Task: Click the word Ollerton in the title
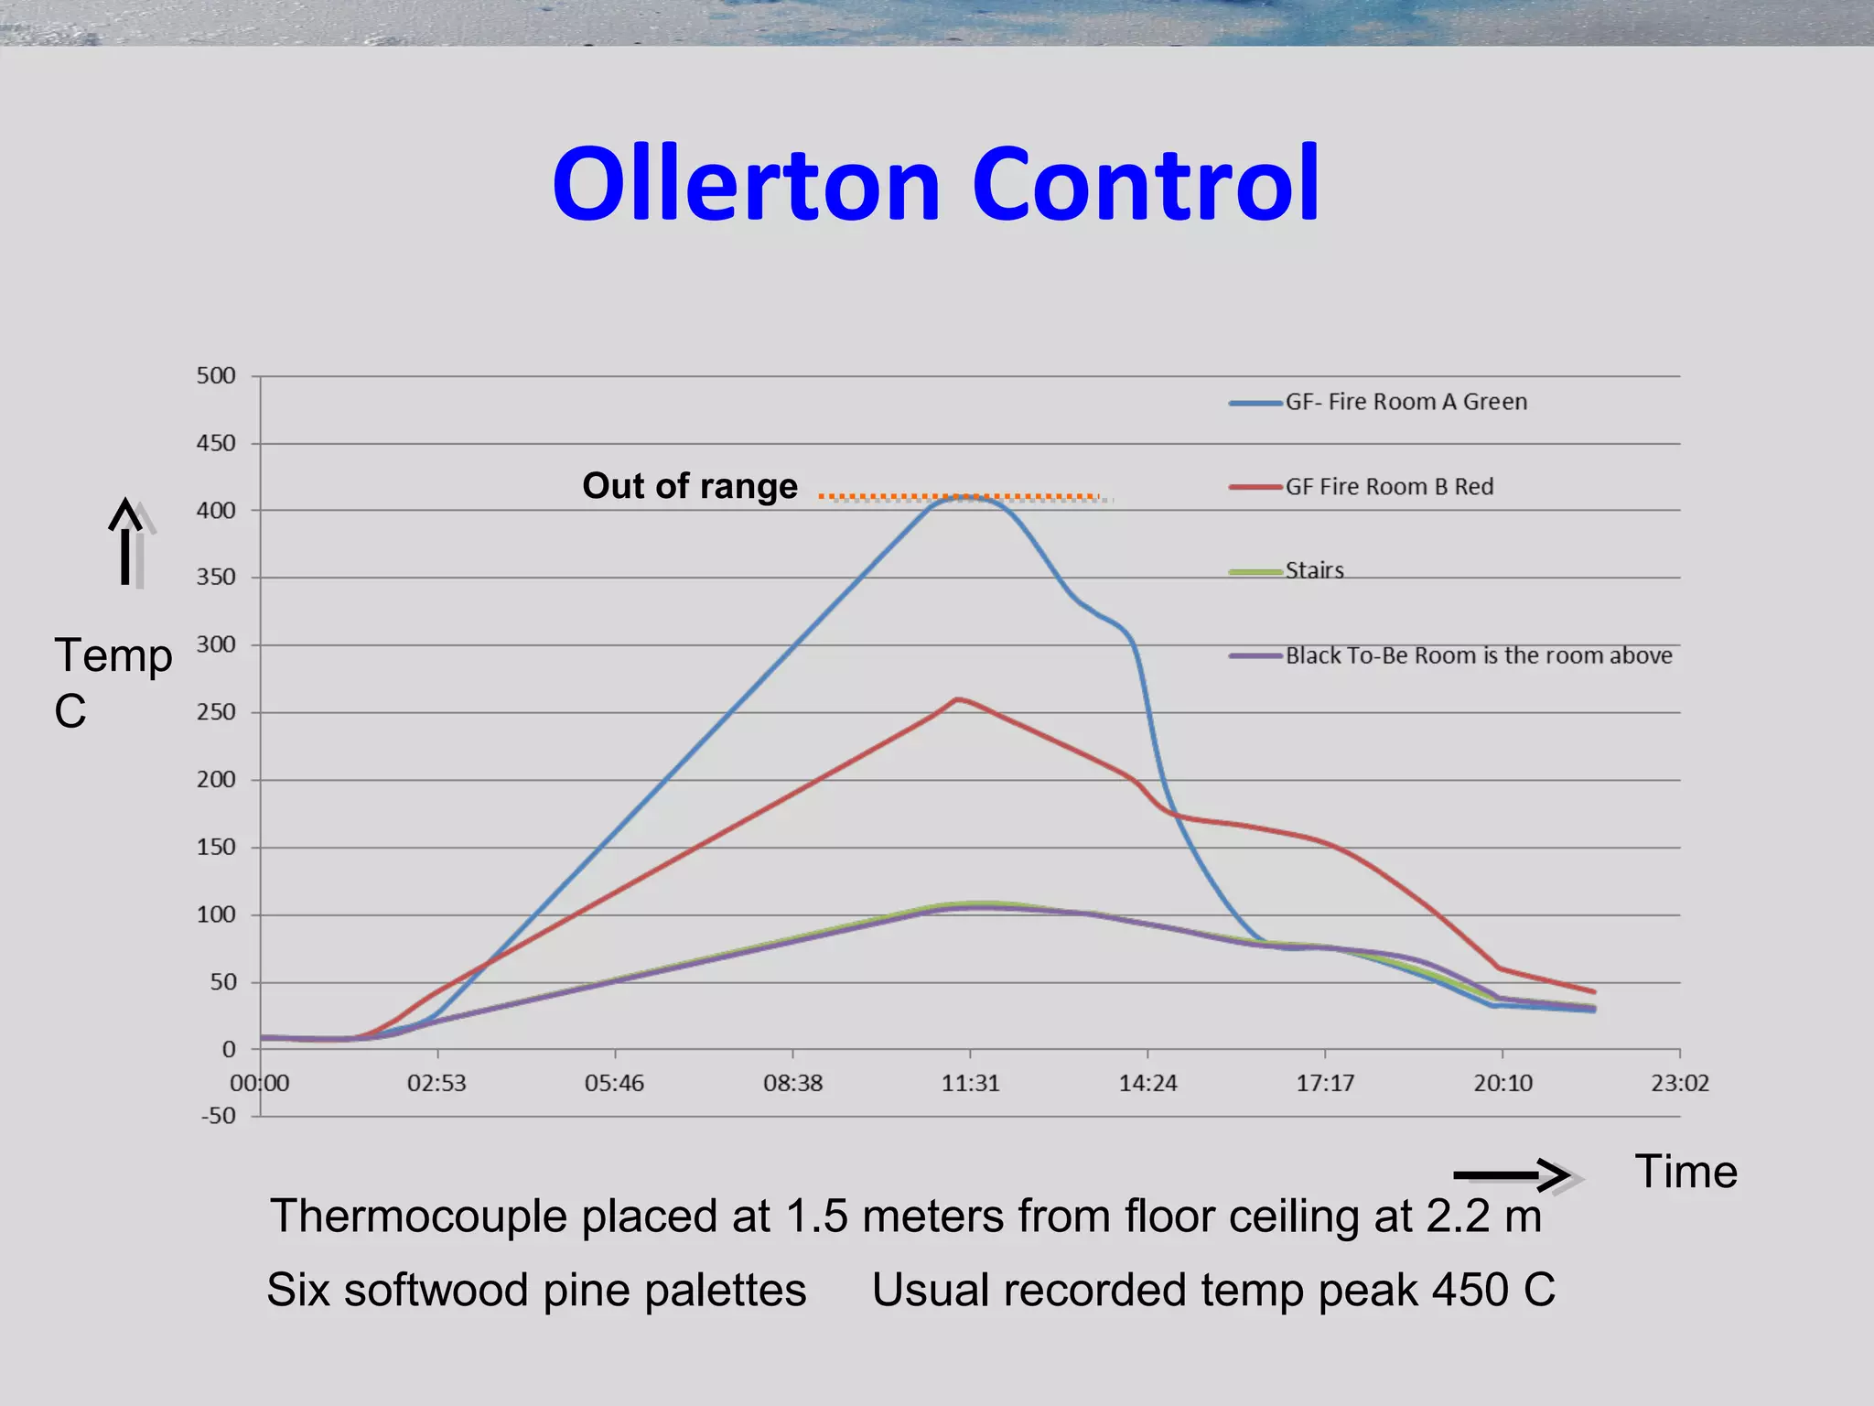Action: click(x=746, y=185)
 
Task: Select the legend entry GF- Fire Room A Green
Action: click(x=1405, y=402)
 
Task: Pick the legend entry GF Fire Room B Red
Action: click(x=1389, y=487)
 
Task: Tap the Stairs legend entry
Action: click(x=1314, y=571)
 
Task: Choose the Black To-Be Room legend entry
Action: click(x=1478, y=655)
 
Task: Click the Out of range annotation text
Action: click(x=690, y=486)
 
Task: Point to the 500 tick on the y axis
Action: click(x=216, y=376)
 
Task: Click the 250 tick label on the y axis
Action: click(x=216, y=712)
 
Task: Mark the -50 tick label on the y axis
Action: click(x=219, y=1116)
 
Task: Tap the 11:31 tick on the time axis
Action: click(x=970, y=1084)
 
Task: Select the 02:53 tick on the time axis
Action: click(x=436, y=1084)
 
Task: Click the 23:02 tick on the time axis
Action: click(x=1680, y=1084)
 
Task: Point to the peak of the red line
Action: click(x=957, y=699)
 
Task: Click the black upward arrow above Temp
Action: click(x=125, y=540)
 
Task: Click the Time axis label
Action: click(x=1686, y=1172)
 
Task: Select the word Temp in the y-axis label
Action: click(x=113, y=655)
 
